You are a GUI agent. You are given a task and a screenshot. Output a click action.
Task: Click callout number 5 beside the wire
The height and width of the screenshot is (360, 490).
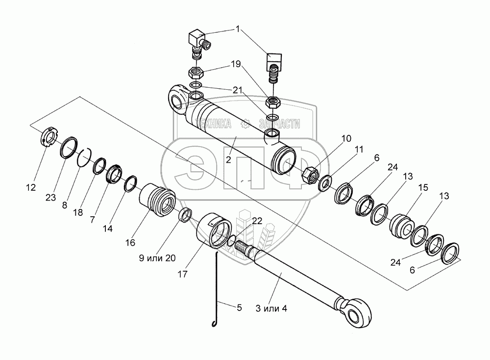click(x=239, y=308)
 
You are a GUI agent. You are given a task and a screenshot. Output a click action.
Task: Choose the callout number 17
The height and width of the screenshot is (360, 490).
click(x=183, y=275)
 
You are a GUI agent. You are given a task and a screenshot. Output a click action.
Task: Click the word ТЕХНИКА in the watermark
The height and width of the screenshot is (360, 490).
click(x=214, y=125)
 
